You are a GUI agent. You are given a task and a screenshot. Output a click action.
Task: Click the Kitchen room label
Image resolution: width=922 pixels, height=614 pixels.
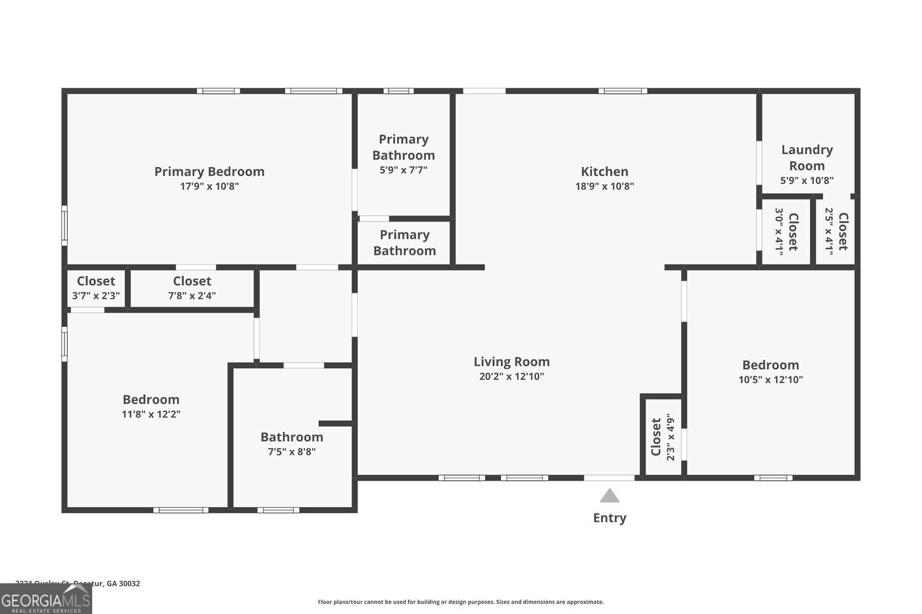click(x=605, y=172)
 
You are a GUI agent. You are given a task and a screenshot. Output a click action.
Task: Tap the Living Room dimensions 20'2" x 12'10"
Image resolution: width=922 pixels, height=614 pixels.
click(x=511, y=376)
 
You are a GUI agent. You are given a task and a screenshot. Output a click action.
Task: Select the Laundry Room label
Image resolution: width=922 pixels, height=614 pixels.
click(x=806, y=158)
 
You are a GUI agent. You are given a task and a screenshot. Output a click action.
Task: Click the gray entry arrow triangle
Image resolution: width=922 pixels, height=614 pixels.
click(x=609, y=495)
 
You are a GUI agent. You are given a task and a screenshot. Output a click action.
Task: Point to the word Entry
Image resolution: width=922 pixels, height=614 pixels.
click(x=609, y=518)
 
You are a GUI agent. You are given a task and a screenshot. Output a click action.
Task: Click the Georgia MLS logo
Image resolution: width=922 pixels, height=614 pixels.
click(x=45, y=599)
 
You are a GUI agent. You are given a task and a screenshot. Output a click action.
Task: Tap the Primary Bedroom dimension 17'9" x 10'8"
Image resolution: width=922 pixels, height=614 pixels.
click(x=209, y=186)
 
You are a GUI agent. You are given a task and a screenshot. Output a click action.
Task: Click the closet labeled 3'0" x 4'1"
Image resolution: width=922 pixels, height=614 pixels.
click(x=786, y=231)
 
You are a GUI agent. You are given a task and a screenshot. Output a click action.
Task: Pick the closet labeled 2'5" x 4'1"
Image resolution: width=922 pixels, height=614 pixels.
click(x=836, y=231)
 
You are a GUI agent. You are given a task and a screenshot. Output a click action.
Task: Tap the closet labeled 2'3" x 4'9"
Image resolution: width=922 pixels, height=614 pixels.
click(x=662, y=437)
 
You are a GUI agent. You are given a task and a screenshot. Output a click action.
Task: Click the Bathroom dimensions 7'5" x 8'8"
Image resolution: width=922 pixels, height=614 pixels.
click(x=291, y=452)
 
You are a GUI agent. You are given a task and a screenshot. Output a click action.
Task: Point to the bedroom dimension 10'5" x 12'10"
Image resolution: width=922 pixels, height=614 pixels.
click(x=770, y=379)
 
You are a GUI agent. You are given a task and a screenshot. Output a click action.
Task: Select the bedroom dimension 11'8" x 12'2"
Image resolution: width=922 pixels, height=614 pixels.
click(x=151, y=414)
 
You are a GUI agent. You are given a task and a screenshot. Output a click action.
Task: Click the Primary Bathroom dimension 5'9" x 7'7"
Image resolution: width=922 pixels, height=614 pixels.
click(x=403, y=170)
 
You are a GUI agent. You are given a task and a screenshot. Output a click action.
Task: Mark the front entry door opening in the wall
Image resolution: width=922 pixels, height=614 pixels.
click(x=609, y=478)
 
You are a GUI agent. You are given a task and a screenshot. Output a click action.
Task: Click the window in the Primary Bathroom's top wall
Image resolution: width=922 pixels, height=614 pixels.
click(x=398, y=91)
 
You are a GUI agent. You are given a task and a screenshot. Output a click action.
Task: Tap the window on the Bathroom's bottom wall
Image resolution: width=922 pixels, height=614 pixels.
click(x=278, y=510)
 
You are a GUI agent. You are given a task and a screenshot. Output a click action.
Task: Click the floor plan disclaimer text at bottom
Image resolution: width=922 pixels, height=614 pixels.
click(x=460, y=602)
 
